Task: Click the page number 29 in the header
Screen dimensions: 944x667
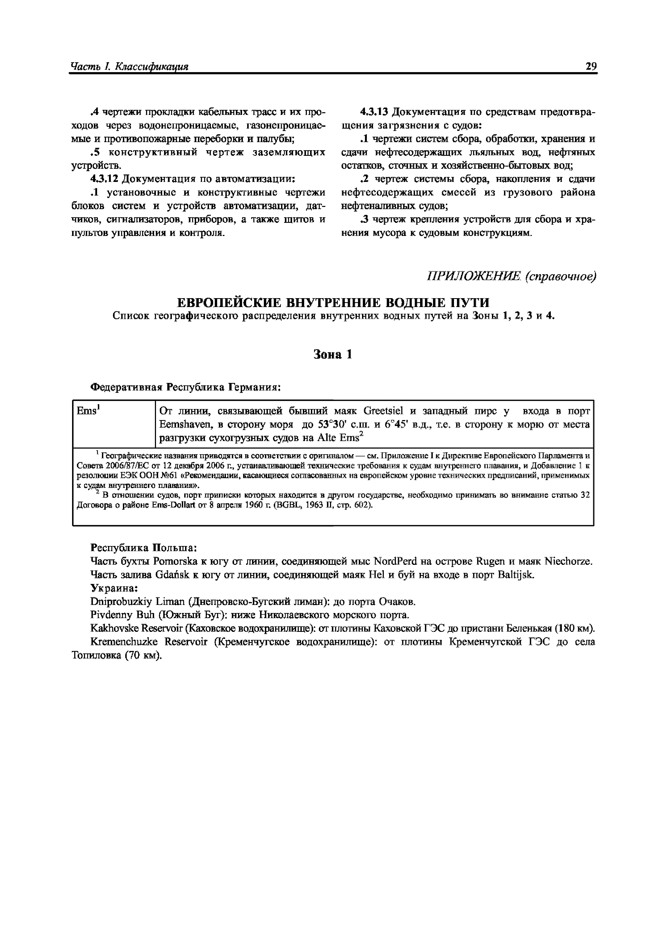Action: (x=591, y=66)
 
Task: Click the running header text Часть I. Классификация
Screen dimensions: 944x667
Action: (x=129, y=67)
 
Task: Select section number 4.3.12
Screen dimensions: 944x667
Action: (x=104, y=179)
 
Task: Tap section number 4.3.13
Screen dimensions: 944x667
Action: (x=374, y=112)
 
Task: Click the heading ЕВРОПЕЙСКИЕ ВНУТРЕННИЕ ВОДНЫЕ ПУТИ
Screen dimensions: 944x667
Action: (x=333, y=303)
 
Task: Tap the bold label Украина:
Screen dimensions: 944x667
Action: (x=114, y=588)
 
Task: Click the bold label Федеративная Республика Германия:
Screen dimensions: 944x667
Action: (x=185, y=387)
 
